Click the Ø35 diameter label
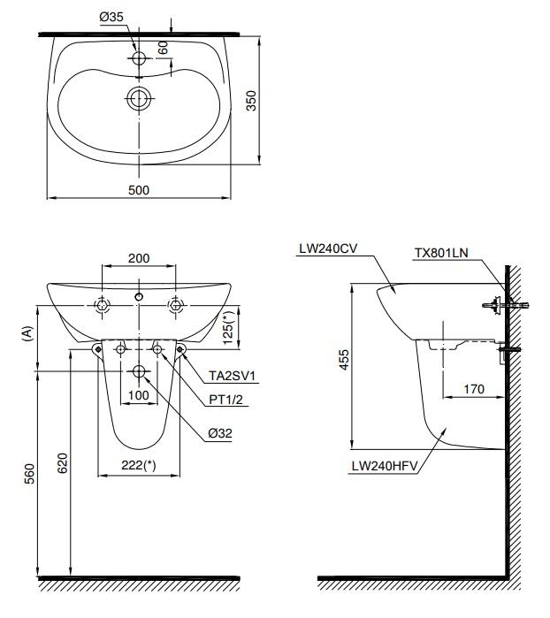[x=111, y=17]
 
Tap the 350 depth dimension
[x=251, y=101]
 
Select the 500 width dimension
[x=139, y=190]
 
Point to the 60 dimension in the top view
[x=164, y=47]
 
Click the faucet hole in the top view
[x=139, y=58]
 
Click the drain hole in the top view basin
[x=139, y=98]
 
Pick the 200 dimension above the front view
[x=139, y=258]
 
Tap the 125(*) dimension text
[x=229, y=327]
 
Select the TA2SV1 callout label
[x=232, y=376]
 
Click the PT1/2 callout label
[x=225, y=400]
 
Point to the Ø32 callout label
[x=220, y=433]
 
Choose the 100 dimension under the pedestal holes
[x=139, y=395]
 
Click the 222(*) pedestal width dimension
[x=139, y=465]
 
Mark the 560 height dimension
[x=30, y=473]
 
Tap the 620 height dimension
[x=63, y=463]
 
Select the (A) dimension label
[x=27, y=333]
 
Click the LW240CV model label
[x=328, y=248]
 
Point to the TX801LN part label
[x=441, y=253]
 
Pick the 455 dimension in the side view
[x=344, y=360]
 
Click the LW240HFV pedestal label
[x=385, y=466]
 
